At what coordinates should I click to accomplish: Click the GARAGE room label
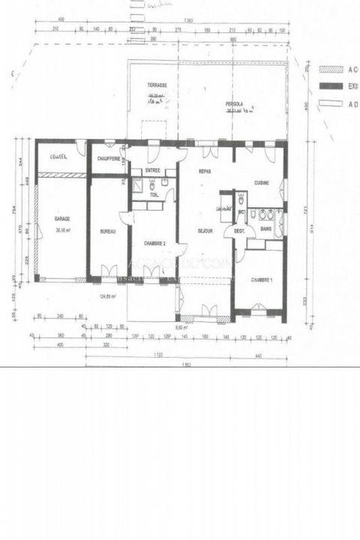click(61, 218)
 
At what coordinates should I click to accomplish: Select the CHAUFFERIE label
click(107, 158)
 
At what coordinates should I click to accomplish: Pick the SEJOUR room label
click(206, 231)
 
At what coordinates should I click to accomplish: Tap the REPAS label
click(204, 172)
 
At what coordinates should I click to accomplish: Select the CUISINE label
click(262, 182)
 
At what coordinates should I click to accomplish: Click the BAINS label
click(265, 228)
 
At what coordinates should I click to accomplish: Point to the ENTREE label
click(153, 170)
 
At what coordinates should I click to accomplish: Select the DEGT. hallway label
click(239, 231)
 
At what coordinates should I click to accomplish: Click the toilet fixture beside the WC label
click(241, 201)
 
